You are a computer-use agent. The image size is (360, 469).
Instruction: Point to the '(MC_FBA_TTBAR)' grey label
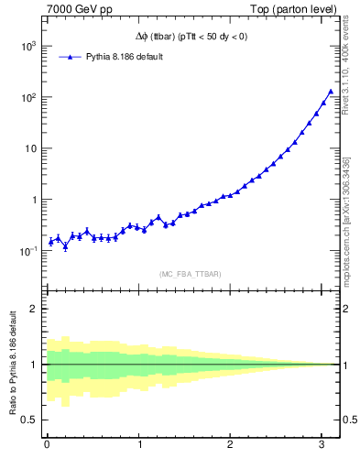click(x=191, y=274)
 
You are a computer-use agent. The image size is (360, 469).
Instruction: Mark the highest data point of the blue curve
click(x=331, y=92)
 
